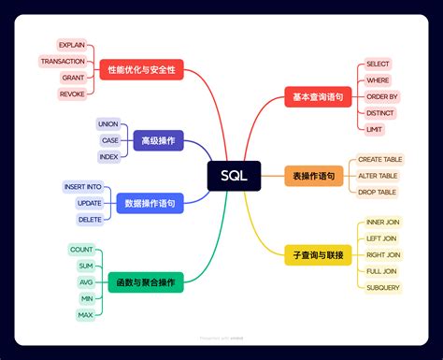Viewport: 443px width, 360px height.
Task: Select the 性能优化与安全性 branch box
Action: pyautogui.click(x=140, y=69)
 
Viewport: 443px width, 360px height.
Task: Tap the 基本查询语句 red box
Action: pyautogui.click(x=318, y=96)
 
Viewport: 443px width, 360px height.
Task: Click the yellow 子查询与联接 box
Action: pyautogui.click(x=318, y=254)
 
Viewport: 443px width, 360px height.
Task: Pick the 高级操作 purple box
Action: pyautogui.click(x=158, y=140)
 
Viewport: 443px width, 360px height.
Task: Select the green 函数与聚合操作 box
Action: pyautogui.click(x=145, y=281)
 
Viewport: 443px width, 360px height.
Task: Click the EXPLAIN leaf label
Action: pyautogui.click(x=72, y=45)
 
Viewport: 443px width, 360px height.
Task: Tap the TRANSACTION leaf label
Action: pyautogui.click(x=63, y=61)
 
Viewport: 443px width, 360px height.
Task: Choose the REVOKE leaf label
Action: pyautogui.click(x=72, y=94)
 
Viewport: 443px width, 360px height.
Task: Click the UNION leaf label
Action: pyautogui.click(x=108, y=123)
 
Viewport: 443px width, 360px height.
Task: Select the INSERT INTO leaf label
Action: pyautogui.click(x=82, y=187)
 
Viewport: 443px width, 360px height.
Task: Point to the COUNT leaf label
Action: pyautogui.click(x=81, y=250)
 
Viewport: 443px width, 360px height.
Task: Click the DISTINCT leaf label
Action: pyautogui.click(x=379, y=112)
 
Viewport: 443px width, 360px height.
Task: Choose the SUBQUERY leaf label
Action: pyautogui.click(x=383, y=287)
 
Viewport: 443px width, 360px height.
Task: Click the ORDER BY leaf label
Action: pyautogui.click(x=382, y=96)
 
